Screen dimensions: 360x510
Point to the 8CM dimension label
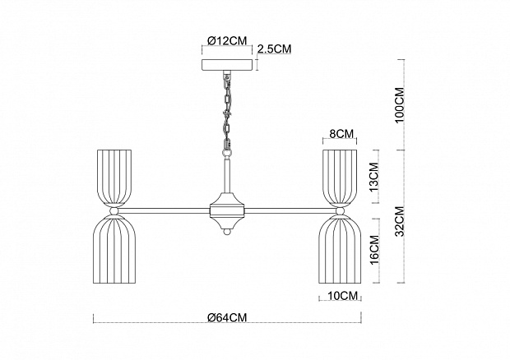(341, 133)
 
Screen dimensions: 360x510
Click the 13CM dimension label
(373, 177)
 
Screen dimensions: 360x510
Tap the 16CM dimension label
(373, 249)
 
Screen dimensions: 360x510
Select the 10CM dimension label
(341, 294)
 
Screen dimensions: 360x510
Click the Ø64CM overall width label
(228, 317)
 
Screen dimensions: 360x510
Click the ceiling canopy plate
(228, 63)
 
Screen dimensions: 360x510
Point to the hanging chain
(226, 111)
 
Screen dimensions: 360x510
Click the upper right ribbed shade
(340, 176)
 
